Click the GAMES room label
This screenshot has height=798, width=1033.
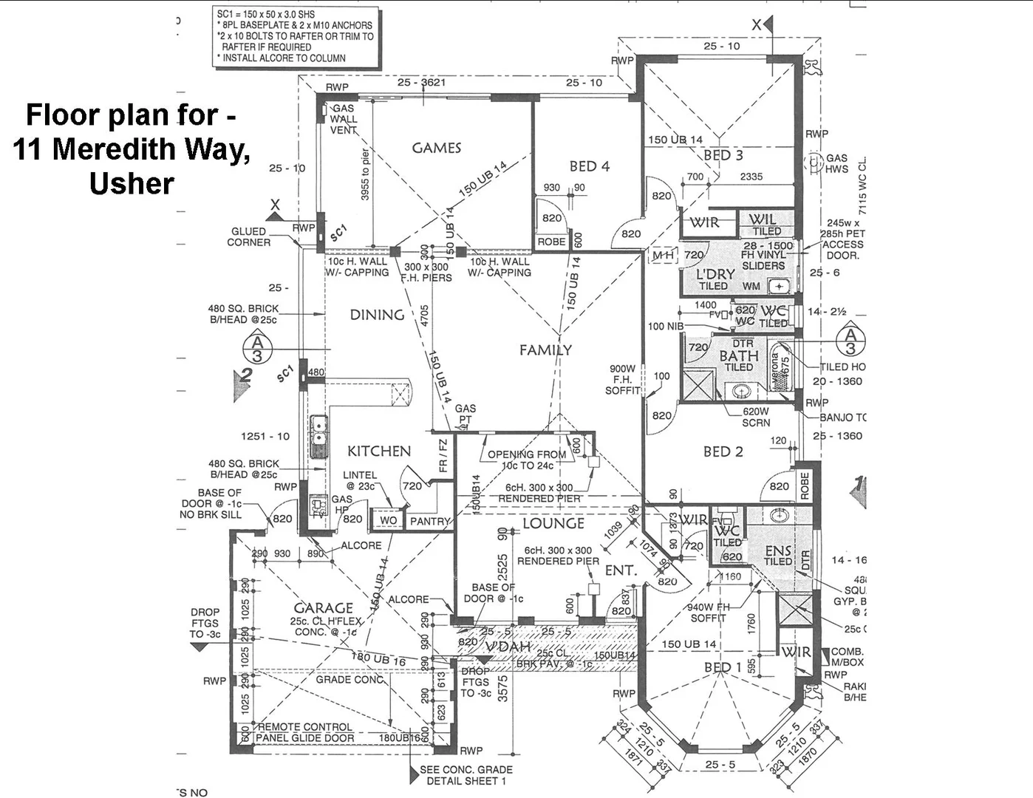(436, 148)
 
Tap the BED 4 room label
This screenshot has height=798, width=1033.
(589, 166)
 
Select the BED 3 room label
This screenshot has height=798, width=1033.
(723, 155)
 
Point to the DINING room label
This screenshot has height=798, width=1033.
(377, 315)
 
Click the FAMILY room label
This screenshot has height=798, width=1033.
(545, 350)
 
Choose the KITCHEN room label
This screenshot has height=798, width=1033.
(379, 451)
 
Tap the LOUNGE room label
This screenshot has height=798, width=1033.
(553, 524)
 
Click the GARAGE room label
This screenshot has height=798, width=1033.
(323, 608)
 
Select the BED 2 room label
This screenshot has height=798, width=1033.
(723, 451)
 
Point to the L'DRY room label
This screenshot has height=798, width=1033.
(715, 275)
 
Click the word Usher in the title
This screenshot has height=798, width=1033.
(132, 183)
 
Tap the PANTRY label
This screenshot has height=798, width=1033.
(430, 521)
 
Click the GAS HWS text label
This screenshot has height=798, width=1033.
(836, 163)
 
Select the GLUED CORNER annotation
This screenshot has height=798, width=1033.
(248, 236)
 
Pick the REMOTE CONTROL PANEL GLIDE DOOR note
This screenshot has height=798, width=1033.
(305, 732)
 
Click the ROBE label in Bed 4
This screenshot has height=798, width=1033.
(551, 242)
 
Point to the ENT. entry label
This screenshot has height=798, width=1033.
(621, 570)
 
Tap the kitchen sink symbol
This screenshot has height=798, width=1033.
(318, 436)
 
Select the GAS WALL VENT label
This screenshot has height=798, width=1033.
(344, 119)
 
